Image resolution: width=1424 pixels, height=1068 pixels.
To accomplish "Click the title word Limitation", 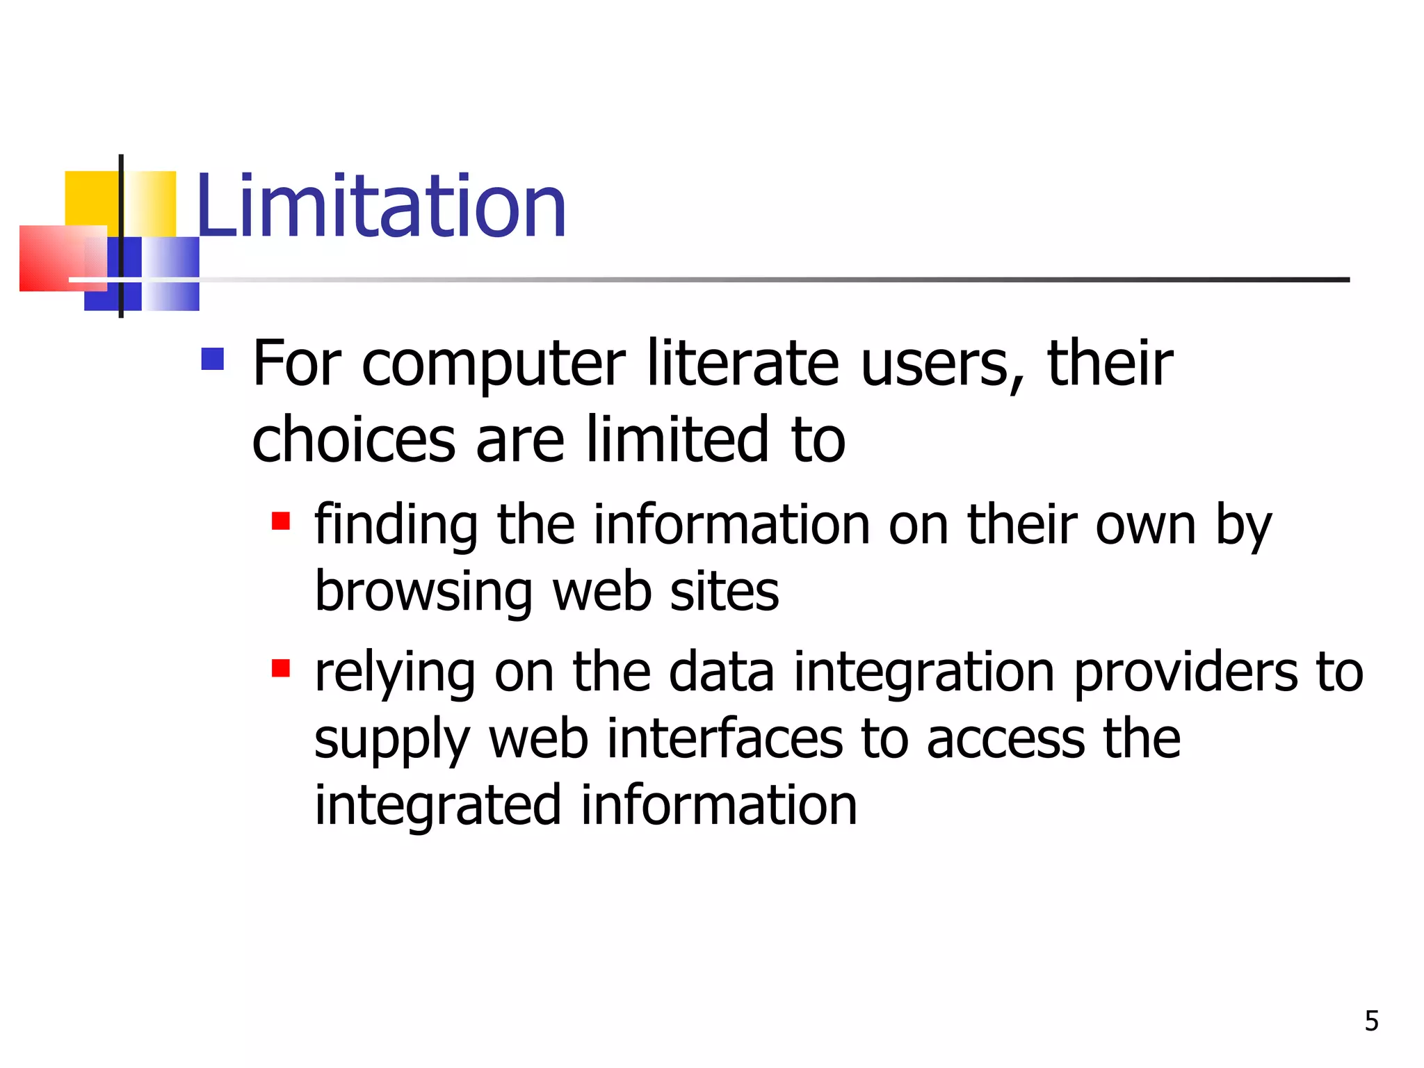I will click(381, 207).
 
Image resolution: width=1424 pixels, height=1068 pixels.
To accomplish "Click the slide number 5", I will click(1371, 1021).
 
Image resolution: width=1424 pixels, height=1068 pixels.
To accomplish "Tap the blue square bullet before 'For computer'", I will click(213, 359).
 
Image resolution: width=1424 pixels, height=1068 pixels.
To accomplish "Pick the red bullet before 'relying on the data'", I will click(281, 669).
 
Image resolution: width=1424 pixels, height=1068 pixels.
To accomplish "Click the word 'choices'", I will click(353, 439).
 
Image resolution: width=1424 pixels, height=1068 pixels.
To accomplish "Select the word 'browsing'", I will click(423, 592).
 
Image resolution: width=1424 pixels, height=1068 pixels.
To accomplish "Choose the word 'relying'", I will click(394, 673).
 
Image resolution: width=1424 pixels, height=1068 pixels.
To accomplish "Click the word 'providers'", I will click(1185, 673).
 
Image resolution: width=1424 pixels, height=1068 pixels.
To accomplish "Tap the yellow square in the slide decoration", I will click(90, 197).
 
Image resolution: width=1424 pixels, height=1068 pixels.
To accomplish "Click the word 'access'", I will click(1005, 740).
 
